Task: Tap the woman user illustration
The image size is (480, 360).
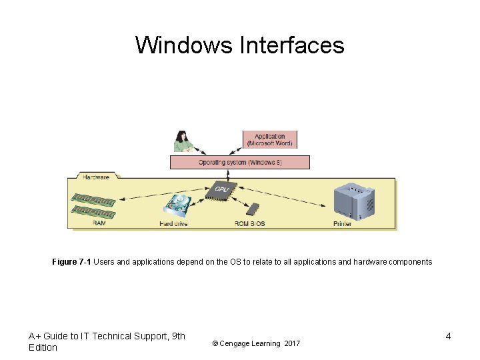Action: (x=182, y=141)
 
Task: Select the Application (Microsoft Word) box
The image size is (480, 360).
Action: (x=270, y=139)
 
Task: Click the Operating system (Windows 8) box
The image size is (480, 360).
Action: (x=240, y=162)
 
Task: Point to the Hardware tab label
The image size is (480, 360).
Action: (x=96, y=177)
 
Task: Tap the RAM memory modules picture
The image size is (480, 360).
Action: (x=93, y=205)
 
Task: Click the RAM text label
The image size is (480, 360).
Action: (x=99, y=224)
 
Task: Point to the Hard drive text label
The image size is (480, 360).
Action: (x=173, y=224)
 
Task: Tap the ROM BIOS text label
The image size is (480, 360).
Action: (x=250, y=224)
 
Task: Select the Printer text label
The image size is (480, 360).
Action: (x=342, y=224)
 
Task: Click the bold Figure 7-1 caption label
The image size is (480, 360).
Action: (x=71, y=262)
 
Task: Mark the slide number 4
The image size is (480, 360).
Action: (x=448, y=336)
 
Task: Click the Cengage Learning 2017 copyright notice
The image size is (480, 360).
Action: (x=256, y=343)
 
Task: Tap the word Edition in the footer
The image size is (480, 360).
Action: (x=43, y=347)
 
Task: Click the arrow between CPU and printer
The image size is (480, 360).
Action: (x=283, y=197)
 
